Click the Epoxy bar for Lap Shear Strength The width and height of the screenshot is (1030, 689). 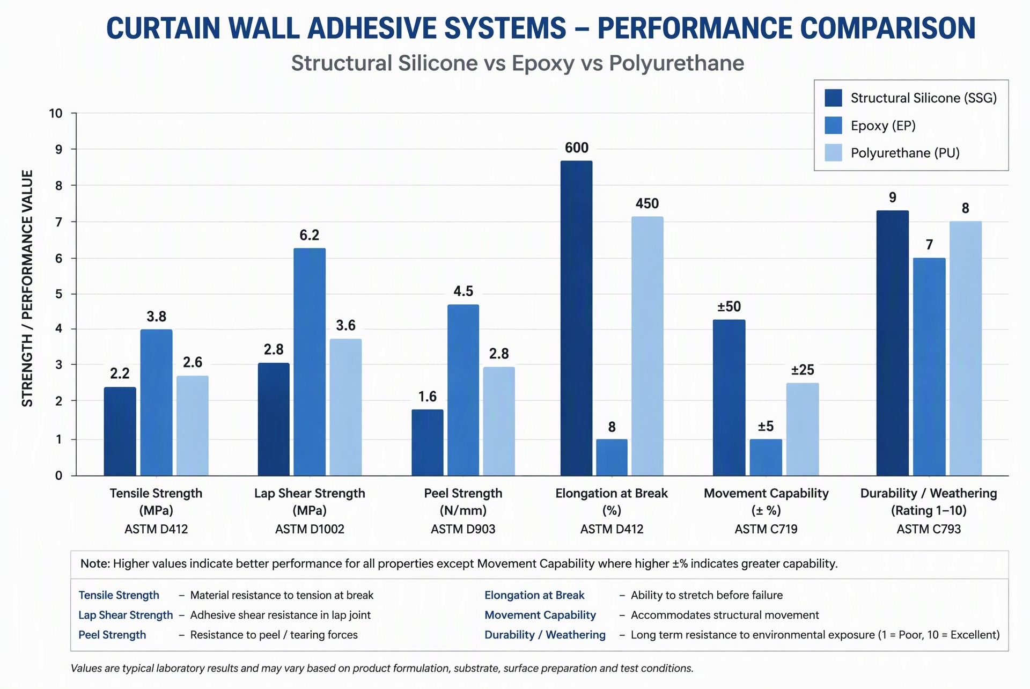coord(310,362)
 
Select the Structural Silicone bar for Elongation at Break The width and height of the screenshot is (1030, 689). coord(576,318)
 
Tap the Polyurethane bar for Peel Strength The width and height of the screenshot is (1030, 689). coord(499,421)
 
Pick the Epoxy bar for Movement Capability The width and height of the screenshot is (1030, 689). coord(766,457)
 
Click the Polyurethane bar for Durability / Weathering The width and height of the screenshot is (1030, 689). coord(966,348)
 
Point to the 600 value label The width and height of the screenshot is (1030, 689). coord(577,148)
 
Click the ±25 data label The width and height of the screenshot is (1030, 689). coord(803,370)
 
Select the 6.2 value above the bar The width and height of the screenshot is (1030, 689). coord(310,235)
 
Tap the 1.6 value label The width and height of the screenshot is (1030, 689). coord(428,397)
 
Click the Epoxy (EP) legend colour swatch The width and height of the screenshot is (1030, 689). coord(833,126)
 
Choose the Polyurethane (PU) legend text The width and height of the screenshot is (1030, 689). coord(905,153)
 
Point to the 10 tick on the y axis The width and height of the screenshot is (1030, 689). coord(56,113)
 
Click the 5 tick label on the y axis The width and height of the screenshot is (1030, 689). coord(58,294)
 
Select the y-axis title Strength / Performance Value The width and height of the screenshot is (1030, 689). coord(27,288)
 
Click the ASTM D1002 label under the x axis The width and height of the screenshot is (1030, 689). coord(310,529)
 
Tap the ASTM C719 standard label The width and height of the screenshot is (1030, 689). coord(766,529)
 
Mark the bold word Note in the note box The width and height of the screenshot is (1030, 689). coord(95,563)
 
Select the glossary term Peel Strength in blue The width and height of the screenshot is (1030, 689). coord(112,635)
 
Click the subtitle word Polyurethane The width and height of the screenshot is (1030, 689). coord(676,63)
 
